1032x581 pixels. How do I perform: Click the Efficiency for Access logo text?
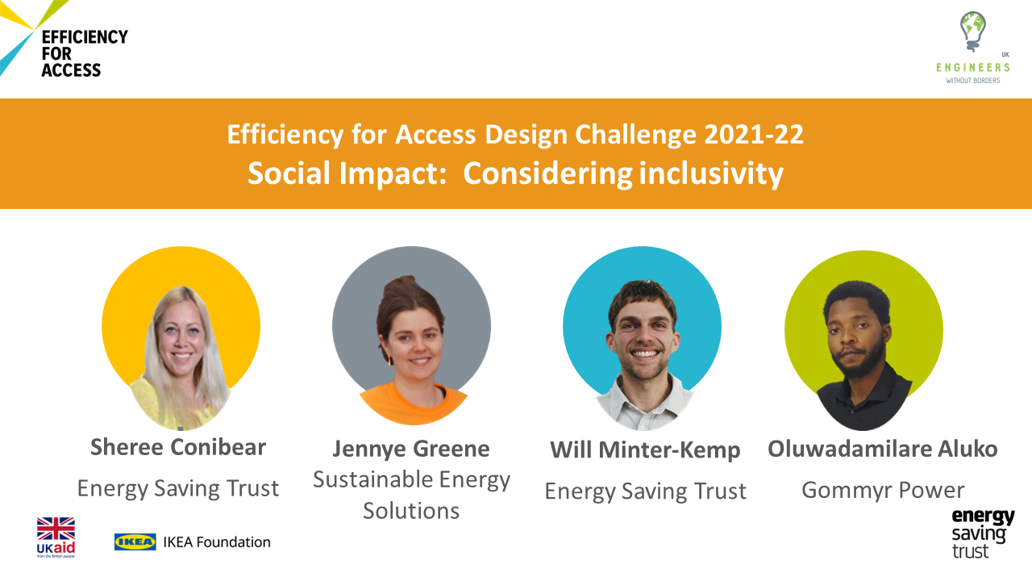coord(85,53)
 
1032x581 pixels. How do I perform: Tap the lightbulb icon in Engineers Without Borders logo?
coord(972,31)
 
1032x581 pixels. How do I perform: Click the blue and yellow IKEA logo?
coord(135,541)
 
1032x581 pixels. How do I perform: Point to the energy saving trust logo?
coord(983,533)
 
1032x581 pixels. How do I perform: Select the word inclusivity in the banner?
coord(711,173)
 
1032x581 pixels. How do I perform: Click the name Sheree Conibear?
coord(178,447)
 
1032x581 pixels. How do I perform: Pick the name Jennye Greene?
coord(411,449)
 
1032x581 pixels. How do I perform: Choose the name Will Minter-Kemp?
coord(645,450)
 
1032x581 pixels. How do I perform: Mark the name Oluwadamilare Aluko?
coord(882,449)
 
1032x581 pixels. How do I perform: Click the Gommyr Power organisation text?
coord(883,490)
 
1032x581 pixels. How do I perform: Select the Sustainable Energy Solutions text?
coord(411,495)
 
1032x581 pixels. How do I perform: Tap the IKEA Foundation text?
coord(217,541)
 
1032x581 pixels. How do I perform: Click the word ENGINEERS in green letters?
coord(972,68)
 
